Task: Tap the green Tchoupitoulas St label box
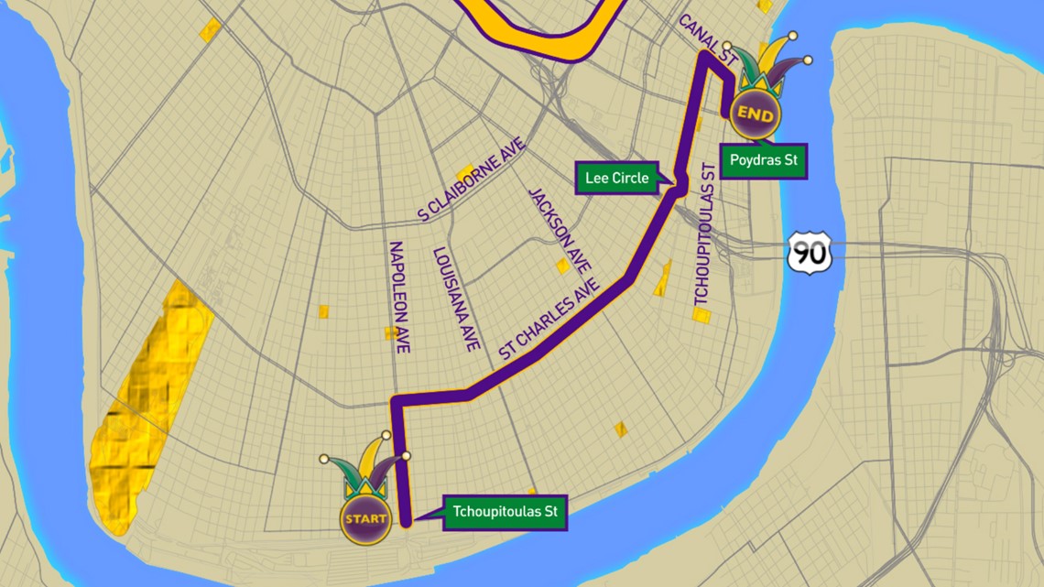click(506, 513)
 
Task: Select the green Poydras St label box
click(763, 162)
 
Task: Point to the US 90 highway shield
click(810, 252)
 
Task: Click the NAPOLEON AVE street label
click(399, 297)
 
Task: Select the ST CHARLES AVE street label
click(549, 319)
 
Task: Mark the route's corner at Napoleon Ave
click(396, 401)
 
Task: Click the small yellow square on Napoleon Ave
click(391, 333)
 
